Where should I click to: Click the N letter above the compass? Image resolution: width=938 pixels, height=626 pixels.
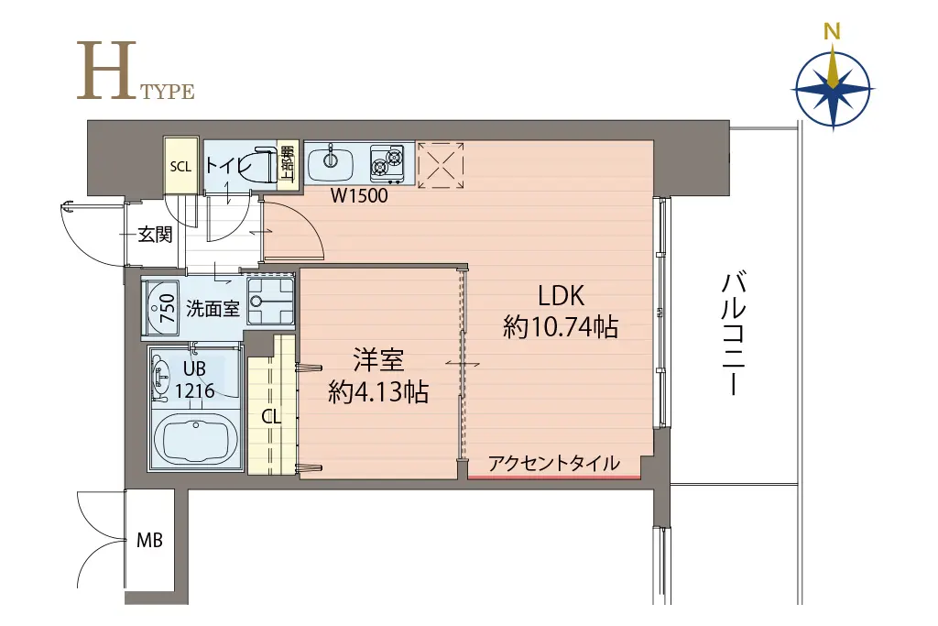tap(832, 31)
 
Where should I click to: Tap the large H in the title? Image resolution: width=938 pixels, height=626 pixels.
tap(107, 70)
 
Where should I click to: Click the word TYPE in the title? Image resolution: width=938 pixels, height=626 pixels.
tap(168, 92)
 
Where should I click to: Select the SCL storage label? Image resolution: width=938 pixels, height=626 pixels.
tap(180, 167)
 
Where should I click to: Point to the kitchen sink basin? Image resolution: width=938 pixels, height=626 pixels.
tap(330, 162)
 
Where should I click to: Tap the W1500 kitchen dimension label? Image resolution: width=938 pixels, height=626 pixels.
tap(359, 196)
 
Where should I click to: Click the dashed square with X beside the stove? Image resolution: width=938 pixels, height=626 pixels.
tap(441, 165)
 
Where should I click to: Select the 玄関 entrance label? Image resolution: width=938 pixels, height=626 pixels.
tap(155, 235)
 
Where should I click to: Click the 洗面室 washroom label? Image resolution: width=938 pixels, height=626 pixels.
tap(213, 308)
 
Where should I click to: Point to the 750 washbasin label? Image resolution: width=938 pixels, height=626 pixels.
tap(168, 308)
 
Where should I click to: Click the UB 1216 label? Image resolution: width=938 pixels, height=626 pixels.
tap(194, 379)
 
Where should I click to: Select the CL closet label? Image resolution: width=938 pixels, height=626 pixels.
tap(271, 417)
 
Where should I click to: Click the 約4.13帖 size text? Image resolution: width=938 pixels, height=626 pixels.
tap(378, 392)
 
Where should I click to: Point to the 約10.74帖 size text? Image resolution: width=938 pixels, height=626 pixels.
tap(561, 327)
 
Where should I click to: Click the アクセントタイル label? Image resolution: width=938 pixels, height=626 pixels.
tap(553, 463)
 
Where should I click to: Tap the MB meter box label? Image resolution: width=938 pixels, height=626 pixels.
tap(149, 541)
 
